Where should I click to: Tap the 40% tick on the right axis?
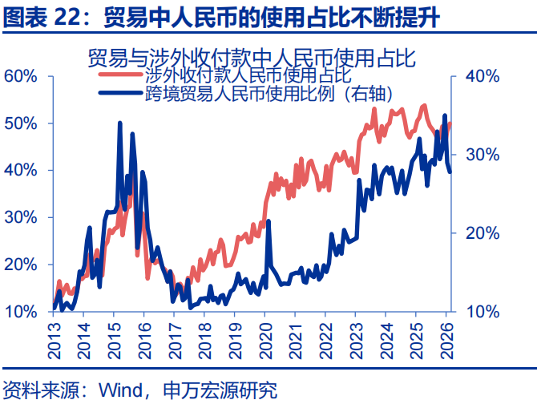[x=482, y=76]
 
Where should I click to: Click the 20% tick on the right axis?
[x=482, y=232]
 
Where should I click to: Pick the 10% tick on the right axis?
[x=482, y=311]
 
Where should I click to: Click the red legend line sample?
[x=121, y=76]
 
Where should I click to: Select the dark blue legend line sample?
[x=121, y=95]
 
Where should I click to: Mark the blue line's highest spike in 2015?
[x=119, y=123]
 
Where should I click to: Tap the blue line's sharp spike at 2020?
[x=268, y=221]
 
